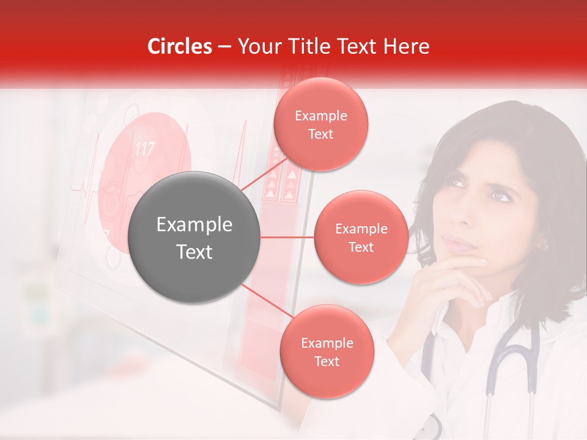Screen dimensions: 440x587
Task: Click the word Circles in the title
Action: point(179,46)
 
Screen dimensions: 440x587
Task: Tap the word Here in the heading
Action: point(403,46)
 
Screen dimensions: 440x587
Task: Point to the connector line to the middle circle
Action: point(287,237)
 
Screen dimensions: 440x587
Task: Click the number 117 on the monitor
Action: point(144,148)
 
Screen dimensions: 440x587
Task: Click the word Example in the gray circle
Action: point(194,225)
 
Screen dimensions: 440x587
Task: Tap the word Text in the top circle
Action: point(320,134)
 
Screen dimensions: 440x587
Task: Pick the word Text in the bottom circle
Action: point(327,361)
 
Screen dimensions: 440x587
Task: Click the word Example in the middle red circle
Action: point(361,229)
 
